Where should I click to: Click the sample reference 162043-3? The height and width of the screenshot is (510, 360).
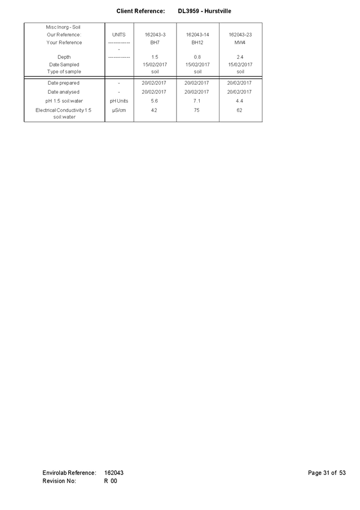(x=155, y=35)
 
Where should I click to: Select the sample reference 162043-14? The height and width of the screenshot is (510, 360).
(x=197, y=35)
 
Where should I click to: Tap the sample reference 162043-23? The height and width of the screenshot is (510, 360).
(x=240, y=35)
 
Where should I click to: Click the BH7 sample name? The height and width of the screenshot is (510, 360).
(x=155, y=42)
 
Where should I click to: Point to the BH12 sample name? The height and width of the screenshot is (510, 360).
(x=197, y=42)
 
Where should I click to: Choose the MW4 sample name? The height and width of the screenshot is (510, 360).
(x=240, y=42)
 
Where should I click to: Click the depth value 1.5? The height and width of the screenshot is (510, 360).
(x=155, y=57)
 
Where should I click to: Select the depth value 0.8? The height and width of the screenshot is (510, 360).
(x=197, y=57)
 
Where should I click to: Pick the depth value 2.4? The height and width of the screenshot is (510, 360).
(x=240, y=57)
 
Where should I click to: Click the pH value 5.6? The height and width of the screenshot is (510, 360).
(x=155, y=101)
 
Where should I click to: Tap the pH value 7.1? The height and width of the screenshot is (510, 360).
(x=197, y=101)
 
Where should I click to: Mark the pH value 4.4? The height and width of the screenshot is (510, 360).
(x=239, y=101)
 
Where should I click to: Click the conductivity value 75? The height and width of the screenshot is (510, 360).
(x=196, y=110)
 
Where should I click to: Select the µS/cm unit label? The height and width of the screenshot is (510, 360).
(x=119, y=111)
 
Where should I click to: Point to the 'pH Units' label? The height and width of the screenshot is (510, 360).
(x=119, y=101)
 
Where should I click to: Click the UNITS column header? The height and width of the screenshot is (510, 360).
(x=119, y=35)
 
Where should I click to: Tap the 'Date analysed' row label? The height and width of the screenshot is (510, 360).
(x=63, y=92)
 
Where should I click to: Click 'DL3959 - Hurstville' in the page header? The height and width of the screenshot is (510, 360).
(x=204, y=11)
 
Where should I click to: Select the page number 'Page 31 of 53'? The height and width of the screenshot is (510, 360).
(x=327, y=473)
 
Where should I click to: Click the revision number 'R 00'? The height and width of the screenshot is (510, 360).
(x=111, y=481)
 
